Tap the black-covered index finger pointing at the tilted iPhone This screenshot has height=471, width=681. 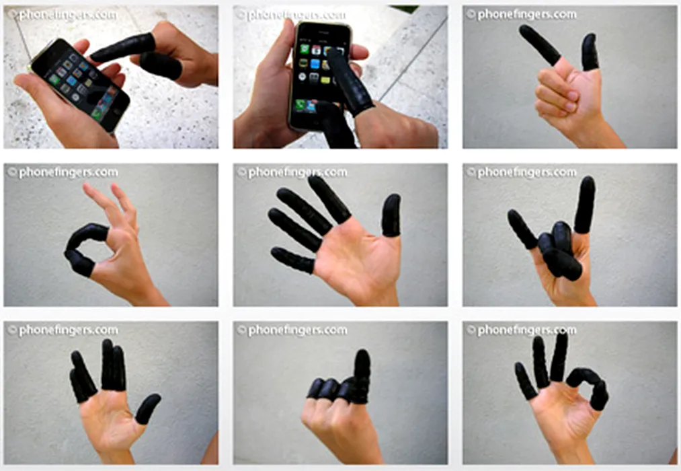coord(123,47)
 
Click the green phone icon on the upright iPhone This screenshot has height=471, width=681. coord(300,105)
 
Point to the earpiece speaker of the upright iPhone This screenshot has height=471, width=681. coord(322,32)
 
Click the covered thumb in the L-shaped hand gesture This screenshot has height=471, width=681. coord(591,52)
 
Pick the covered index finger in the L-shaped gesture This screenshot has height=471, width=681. coord(539,44)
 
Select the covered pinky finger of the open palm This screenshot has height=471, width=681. coord(292,260)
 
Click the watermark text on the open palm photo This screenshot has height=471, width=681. coord(292,172)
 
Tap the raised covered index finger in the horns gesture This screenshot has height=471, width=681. coord(585,205)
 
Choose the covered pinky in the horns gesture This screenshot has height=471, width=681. coord(522,229)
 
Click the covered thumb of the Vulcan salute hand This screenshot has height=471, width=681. coord(147,408)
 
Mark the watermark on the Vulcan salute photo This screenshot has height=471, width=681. coord(63,330)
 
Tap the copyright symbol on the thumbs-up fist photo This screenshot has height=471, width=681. coord(241,330)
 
